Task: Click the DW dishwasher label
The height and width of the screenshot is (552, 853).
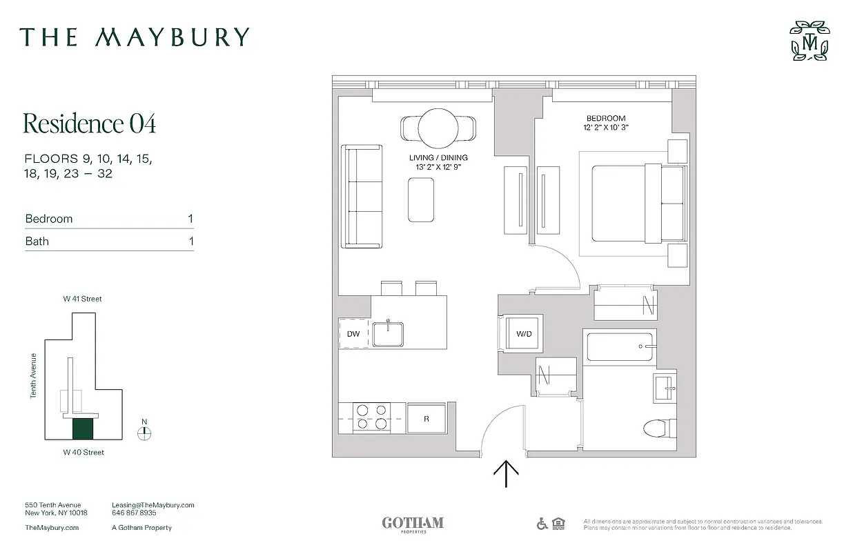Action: click(x=353, y=334)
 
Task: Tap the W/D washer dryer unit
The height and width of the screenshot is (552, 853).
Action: click(x=524, y=334)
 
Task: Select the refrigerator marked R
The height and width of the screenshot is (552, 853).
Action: click(x=426, y=418)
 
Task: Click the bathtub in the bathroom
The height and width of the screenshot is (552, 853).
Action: click(x=620, y=346)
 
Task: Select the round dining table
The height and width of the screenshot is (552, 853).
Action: click(x=438, y=128)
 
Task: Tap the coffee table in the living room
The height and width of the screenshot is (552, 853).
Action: click(x=421, y=200)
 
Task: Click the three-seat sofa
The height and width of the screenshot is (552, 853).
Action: click(x=362, y=196)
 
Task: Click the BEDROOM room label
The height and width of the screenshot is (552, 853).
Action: click(x=606, y=119)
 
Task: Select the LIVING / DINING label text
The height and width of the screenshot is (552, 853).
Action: click(x=438, y=158)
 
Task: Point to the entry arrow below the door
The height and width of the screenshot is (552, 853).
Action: click(x=507, y=474)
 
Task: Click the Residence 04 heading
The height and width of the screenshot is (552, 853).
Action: click(x=90, y=124)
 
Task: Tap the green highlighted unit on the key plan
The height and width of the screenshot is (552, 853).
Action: click(x=83, y=428)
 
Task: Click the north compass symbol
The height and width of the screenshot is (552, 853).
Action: click(x=144, y=433)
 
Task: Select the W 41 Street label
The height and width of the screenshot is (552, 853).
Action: click(x=83, y=299)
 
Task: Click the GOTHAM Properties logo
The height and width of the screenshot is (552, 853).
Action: click(x=413, y=524)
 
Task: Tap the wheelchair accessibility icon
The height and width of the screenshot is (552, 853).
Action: click(x=542, y=524)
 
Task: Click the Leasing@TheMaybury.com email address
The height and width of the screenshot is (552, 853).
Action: click(x=153, y=505)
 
